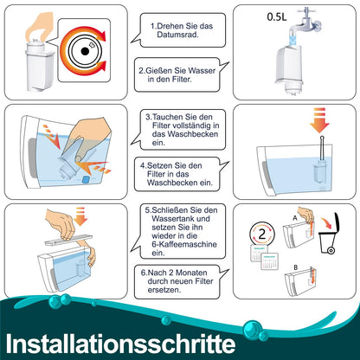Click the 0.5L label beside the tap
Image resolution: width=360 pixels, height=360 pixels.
coord(277,16)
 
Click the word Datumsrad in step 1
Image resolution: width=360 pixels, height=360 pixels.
coord(177,35)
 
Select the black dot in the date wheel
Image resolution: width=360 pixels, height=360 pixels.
coord(85,51)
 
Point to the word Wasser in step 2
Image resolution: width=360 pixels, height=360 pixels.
coord(202,71)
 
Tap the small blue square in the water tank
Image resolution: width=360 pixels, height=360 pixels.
coord(86,179)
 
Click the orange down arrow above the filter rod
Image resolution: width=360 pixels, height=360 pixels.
coord(319,120)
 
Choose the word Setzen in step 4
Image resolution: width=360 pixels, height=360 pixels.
coord(160,165)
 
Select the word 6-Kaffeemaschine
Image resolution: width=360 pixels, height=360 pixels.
coord(184,244)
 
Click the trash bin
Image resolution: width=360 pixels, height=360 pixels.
coord(330,234)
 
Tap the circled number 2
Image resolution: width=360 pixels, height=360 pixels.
coord(262,235)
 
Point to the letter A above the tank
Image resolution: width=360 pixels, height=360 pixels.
coord(295,218)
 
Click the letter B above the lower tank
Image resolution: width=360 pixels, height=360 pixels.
coord(295,267)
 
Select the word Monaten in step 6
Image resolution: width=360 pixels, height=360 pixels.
coord(191,273)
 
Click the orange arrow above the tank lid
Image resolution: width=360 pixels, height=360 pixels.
coord(80,216)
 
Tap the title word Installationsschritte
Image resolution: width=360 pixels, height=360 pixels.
coord(120,344)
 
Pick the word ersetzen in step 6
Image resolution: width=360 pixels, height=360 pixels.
coord(164,290)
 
